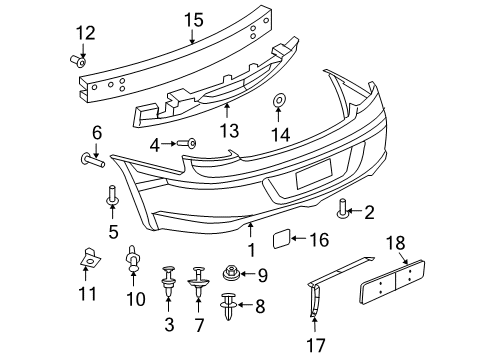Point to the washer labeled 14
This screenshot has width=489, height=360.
pos(280,102)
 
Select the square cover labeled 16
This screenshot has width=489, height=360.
pos(284,238)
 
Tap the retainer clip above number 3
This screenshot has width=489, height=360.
pos(167,276)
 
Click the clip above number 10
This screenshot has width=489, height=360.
pos(132,265)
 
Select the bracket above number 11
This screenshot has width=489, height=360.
pos(90,259)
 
